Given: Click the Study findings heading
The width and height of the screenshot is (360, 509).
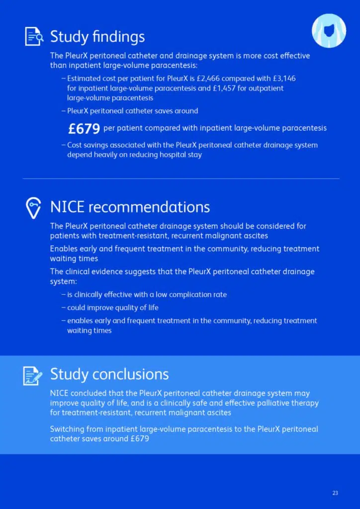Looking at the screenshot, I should pos(97,36).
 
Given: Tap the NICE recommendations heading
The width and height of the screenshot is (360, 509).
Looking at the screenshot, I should pos(130,207).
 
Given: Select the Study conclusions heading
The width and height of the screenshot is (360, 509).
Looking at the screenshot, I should pos(109,374).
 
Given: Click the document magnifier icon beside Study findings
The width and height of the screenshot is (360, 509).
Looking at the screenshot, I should pos(34,37).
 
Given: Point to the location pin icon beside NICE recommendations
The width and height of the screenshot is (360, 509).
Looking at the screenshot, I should pos(33,207).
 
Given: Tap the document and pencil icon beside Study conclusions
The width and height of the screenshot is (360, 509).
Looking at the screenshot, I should pos(33,375).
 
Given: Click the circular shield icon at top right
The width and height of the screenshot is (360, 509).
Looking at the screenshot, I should pos(329,31).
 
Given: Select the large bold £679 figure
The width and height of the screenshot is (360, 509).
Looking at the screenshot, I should pos(84,129).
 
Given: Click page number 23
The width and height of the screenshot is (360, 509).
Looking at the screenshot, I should pos(335,493).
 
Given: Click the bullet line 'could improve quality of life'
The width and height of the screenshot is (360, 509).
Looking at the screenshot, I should pos(113,308).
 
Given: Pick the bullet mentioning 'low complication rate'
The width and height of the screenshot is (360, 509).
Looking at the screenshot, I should pos(147,295).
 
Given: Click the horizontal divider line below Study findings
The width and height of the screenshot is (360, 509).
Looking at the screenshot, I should pos(181,178).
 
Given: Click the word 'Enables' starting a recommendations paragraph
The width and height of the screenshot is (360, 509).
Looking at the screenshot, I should pos(63,249).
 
